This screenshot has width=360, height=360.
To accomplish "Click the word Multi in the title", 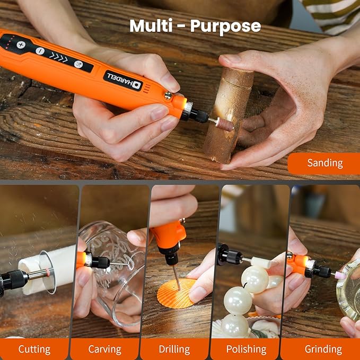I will [x=150, y=26].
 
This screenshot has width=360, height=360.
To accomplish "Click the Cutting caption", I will [x=34, y=349].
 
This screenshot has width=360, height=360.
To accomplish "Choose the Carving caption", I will [x=104, y=349].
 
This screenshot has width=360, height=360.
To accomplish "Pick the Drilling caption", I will [x=174, y=349].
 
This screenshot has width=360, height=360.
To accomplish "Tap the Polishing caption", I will [x=246, y=349].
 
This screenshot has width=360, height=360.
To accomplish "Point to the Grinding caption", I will [x=323, y=349].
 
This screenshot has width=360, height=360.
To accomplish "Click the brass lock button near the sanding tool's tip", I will [x=169, y=95].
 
